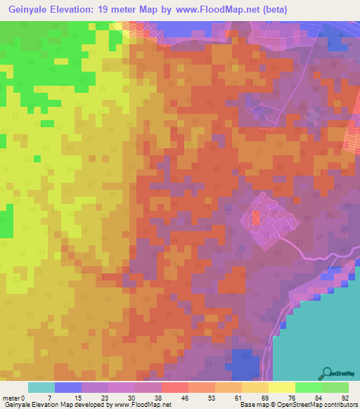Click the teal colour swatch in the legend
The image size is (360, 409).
(41, 387)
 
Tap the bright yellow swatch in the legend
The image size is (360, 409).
(281, 387)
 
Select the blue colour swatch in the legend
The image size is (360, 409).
(68, 387)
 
